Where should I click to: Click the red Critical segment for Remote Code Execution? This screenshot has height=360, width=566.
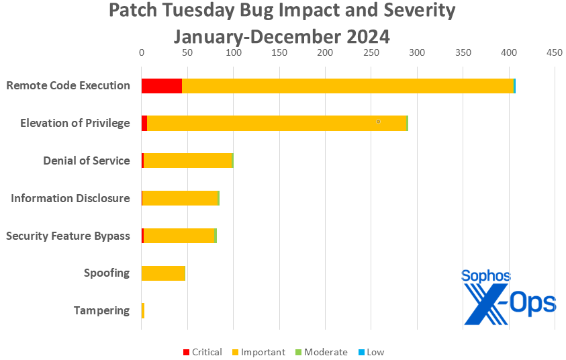coord(161,85)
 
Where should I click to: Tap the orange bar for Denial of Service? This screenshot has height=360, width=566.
coord(187,161)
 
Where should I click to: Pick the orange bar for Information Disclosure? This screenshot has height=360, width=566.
coord(180,198)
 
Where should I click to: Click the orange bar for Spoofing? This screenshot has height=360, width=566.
coord(163,273)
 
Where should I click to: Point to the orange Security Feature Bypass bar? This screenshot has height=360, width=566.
coord(179,236)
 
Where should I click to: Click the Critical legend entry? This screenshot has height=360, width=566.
coord(202,352)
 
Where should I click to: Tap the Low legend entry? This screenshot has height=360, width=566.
coord(375,352)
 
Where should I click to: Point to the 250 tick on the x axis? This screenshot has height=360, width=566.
coord(371,52)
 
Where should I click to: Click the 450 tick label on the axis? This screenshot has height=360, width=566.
coord(555,52)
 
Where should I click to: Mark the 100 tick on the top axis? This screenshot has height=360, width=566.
coord(233,52)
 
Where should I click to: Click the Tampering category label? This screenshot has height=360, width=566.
coord(101,310)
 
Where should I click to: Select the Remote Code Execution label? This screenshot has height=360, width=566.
coord(68,85)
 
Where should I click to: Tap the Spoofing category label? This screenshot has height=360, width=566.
coord(107,273)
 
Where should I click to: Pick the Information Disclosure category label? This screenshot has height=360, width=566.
coord(70,198)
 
